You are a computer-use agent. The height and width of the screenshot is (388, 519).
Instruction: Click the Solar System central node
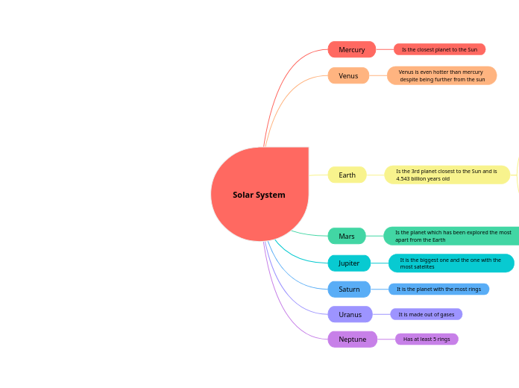click(259, 195)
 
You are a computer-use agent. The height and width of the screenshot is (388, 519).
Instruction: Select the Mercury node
click(351, 49)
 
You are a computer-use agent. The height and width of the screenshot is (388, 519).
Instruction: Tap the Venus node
click(348, 75)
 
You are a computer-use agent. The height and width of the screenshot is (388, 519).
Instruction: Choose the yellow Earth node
click(347, 175)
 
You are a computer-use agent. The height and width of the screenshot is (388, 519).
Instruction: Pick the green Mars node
click(347, 236)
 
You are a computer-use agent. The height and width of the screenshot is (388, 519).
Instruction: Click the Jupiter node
click(349, 263)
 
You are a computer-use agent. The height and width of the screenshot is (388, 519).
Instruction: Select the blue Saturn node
click(349, 289)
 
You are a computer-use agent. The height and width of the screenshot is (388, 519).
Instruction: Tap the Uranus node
click(350, 314)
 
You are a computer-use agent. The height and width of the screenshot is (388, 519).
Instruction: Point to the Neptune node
click(352, 339)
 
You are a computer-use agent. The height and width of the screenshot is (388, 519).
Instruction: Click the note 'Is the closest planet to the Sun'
click(439, 49)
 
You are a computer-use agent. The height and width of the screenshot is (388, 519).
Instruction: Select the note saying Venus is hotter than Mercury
click(441, 75)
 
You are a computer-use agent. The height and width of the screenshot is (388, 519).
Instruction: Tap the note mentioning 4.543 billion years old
click(447, 175)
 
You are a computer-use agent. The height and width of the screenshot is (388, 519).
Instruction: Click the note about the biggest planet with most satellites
click(450, 263)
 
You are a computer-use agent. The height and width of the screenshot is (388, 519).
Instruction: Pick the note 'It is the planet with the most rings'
click(438, 289)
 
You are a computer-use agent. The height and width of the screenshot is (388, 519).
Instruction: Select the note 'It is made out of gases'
click(426, 314)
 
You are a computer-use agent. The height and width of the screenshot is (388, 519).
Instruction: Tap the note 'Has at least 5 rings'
click(427, 339)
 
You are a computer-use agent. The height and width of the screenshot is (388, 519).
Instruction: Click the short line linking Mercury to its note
click(385, 49)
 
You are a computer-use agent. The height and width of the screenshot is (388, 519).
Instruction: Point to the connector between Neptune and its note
click(386, 339)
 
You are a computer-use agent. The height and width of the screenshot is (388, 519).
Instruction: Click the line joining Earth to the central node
click(318, 175)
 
